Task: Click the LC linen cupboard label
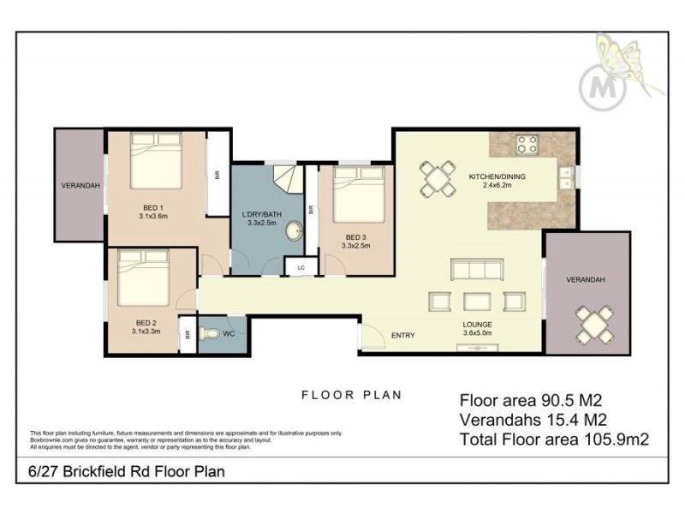[x=301, y=268]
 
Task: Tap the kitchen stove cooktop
[x=525, y=144]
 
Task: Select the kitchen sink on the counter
[x=565, y=176]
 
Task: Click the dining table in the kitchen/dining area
[x=438, y=179]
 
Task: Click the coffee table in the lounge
[x=476, y=300]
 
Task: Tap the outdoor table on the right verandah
[x=592, y=324]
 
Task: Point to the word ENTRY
[x=403, y=335]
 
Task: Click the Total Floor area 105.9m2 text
[x=554, y=439]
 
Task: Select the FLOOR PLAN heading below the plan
[x=351, y=395]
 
